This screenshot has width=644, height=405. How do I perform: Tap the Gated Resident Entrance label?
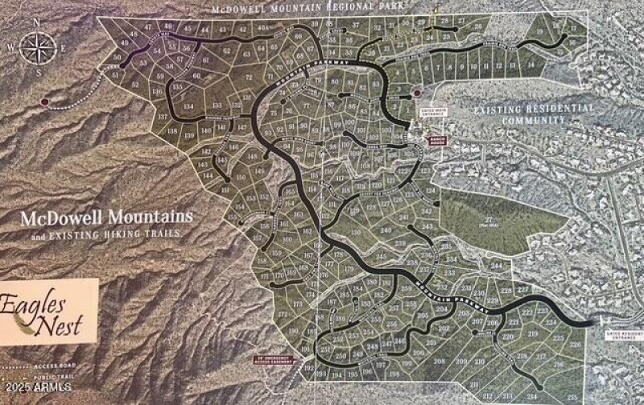tap(619, 333)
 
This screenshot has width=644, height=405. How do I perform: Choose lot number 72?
tap(248, 76)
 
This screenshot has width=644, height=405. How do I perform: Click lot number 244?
tap(497, 265)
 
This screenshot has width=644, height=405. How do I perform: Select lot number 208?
tap(440, 361)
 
